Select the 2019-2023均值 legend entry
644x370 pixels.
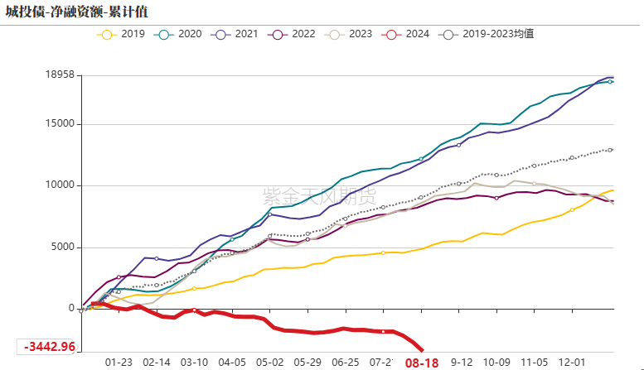(x=489, y=34)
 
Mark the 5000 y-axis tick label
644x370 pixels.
(x=61, y=247)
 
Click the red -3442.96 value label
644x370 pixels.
(x=50, y=346)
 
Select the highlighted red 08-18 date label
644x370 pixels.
(x=421, y=363)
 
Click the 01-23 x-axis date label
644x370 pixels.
(x=119, y=362)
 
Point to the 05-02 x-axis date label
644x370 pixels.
(x=270, y=362)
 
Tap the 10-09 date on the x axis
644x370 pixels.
(x=496, y=362)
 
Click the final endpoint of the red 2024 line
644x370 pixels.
(x=422, y=350)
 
